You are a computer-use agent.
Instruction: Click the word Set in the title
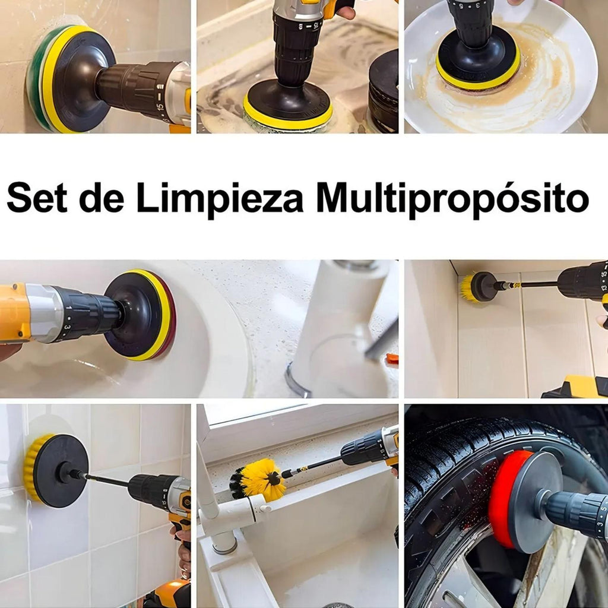37,198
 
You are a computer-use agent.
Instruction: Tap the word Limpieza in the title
220,199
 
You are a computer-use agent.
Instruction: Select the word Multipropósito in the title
452,199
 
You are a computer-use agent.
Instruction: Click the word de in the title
102,198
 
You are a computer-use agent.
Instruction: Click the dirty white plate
500,70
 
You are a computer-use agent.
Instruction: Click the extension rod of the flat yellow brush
104,480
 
